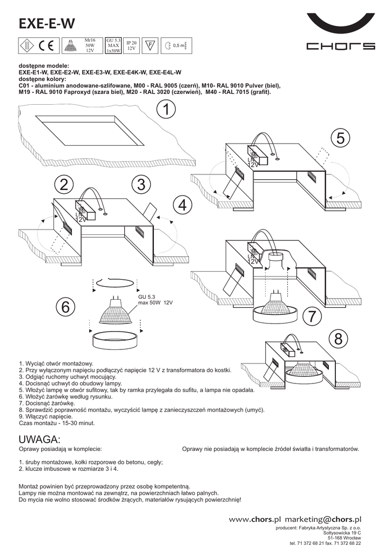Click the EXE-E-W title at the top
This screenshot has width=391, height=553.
coord(46,24)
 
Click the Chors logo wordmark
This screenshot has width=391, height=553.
coord(340,46)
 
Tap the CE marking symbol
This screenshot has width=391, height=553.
coord(45,46)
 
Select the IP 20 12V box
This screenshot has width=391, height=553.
coord(131,45)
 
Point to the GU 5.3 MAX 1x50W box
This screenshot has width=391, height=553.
coord(113,46)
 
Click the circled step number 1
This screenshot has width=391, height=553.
coord(167,110)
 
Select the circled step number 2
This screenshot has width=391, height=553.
coord(64,185)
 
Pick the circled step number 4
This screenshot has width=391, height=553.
coord(183,205)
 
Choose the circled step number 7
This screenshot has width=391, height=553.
coord(312,317)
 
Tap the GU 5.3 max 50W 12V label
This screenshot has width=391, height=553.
coord(155,299)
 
